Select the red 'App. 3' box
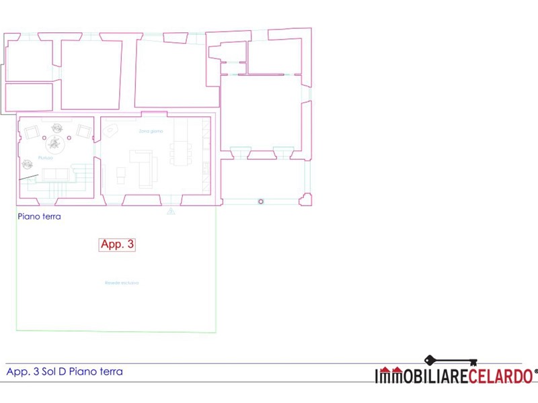[117, 244]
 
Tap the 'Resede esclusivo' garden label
[122, 283]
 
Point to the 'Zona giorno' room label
[151, 131]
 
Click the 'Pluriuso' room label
[45, 157]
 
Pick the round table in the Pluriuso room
[54, 142]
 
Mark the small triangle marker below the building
[171, 212]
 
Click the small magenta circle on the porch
[261, 201]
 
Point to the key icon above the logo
[450, 361]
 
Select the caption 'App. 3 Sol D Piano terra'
[65, 371]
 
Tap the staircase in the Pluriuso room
[82, 177]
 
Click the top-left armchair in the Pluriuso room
[31, 132]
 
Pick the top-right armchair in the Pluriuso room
[83, 131]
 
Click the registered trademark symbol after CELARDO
[535, 371]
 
